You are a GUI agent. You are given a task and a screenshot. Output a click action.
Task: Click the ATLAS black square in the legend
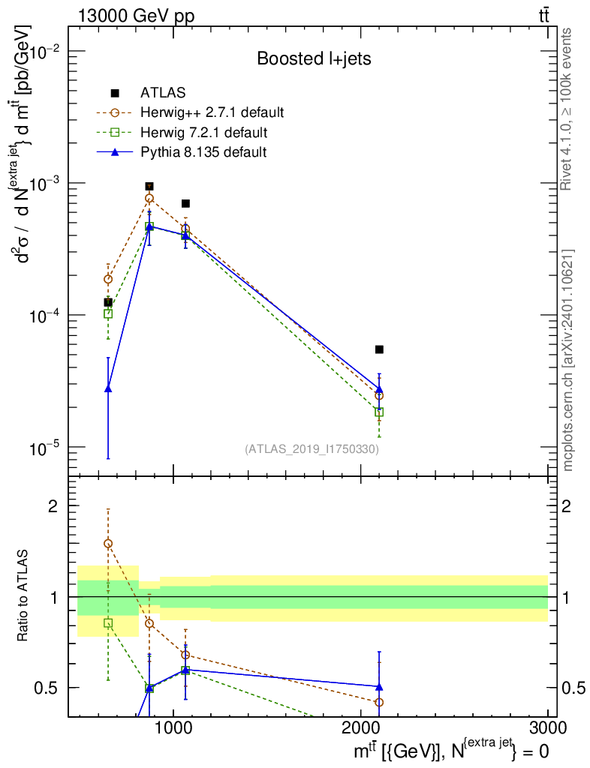click(x=115, y=92)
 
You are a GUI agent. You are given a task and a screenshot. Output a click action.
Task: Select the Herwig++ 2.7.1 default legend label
click(x=212, y=112)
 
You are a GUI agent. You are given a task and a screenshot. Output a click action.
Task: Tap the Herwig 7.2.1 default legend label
click(x=204, y=132)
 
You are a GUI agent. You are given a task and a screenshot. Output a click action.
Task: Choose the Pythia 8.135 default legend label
click(x=203, y=151)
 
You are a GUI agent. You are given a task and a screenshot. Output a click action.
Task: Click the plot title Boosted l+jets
click(x=314, y=58)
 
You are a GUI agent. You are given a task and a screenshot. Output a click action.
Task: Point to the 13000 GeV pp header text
click(x=136, y=16)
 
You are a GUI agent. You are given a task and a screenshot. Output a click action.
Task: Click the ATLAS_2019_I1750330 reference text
click(x=312, y=448)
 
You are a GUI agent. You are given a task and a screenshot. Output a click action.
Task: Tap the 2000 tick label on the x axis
click(x=361, y=727)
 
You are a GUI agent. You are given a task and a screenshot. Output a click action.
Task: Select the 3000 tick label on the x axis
click(x=548, y=727)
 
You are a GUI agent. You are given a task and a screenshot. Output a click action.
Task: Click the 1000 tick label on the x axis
click(x=174, y=727)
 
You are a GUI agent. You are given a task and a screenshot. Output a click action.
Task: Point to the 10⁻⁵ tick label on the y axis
click(x=41, y=448)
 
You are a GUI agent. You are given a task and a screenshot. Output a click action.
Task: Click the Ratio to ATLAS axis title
click(x=23, y=595)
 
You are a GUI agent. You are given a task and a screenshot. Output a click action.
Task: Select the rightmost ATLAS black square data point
click(x=379, y=349)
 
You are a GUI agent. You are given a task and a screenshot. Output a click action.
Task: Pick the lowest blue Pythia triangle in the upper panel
click(x=108, y=389)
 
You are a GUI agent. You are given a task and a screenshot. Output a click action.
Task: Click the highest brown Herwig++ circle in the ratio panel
click(x=108, y=543)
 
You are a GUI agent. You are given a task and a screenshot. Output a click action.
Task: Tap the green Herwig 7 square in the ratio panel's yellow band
click(x=108, y=623)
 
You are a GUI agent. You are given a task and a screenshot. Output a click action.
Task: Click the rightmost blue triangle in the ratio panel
click(x=379, y=687)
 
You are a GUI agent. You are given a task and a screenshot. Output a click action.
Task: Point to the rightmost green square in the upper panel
click(x=379, y=412)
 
